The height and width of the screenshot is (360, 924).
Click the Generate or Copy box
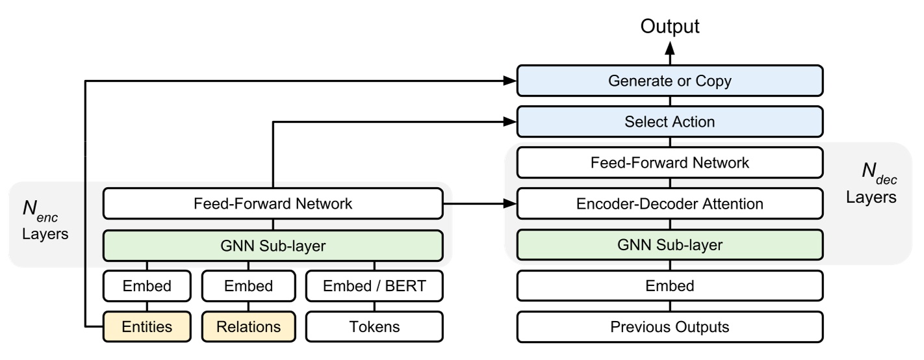(x=670, y=82)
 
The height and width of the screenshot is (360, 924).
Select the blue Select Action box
(x=670, y=122)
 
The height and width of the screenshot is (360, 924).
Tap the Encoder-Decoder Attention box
(x=670, y=204)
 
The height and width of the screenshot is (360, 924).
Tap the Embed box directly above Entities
(x=147, y=286)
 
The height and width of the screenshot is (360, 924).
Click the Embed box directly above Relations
(x=248, y=286)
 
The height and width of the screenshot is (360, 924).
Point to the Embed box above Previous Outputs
(x=670, y=286)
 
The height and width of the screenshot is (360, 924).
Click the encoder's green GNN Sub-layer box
(x=273, y=245)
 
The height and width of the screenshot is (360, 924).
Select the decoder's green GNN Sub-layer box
(x=670, y=245)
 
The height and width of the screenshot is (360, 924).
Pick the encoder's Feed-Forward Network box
(x=273, y=204)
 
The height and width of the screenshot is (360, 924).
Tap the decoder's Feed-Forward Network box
(x=670, y=163)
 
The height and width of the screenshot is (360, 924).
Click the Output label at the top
(x=670, y=27)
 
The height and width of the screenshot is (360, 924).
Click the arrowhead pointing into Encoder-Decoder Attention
(x=511, y=204)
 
